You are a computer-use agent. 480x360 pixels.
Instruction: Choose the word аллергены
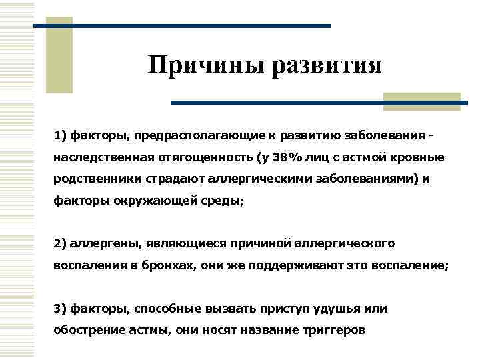pos(103,242)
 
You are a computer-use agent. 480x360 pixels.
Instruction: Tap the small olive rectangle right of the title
pos(422,101)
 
